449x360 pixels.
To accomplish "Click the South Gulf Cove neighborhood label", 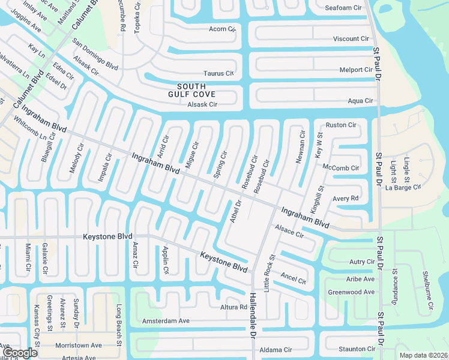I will point(191,90).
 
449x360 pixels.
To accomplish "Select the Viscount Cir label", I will point(351,39).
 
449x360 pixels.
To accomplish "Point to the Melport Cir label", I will point(356,70).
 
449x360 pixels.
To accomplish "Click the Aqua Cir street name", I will point(361,101).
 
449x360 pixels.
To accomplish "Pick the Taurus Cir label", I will point(218,73).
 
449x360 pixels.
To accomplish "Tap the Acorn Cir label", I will point(222,29).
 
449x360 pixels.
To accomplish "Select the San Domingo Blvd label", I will point(95,55).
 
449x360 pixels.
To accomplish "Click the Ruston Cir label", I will point(341,125).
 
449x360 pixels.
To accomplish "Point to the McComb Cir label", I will point(340,167).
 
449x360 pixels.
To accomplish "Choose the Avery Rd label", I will point(345,198).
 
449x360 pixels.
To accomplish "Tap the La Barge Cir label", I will point(403,188).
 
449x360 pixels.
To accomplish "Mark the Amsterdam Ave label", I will point(166,321).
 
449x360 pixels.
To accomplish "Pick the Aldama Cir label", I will point(274,350).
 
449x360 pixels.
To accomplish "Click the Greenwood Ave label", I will point(351,292).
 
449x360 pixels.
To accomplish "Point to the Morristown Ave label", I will point(79,346).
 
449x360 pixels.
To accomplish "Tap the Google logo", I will point(20,353).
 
